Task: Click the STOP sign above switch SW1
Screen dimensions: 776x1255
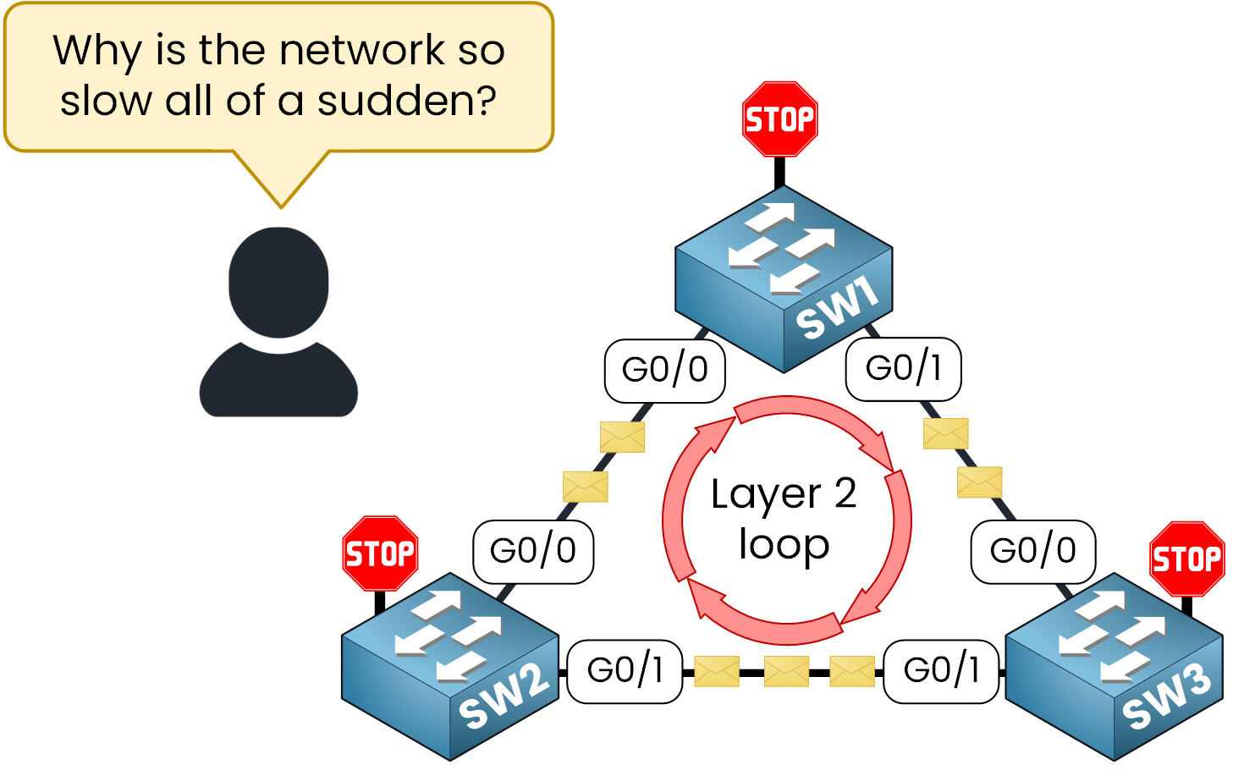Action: coord(779,119)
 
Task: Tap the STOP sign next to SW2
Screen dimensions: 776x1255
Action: coord(380,553)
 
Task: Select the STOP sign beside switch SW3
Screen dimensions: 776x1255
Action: coord(1186,559)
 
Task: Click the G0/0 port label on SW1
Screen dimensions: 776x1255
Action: coord(664,370)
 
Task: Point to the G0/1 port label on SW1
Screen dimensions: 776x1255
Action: coord(903,368)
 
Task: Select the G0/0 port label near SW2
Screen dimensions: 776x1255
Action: coord(533,551)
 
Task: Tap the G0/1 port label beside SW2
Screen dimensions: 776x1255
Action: coord(625,670)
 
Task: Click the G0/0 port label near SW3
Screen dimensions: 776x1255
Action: coord(1032,551)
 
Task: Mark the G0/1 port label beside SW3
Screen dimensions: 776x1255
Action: coord(941,670)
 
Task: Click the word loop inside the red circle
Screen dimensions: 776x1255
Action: coord(784,545)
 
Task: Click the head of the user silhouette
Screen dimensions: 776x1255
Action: coord(278,282)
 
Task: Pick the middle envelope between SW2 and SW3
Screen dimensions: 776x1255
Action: coord(786,672)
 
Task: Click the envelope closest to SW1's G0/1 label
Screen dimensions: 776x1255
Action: coord(945,433)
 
